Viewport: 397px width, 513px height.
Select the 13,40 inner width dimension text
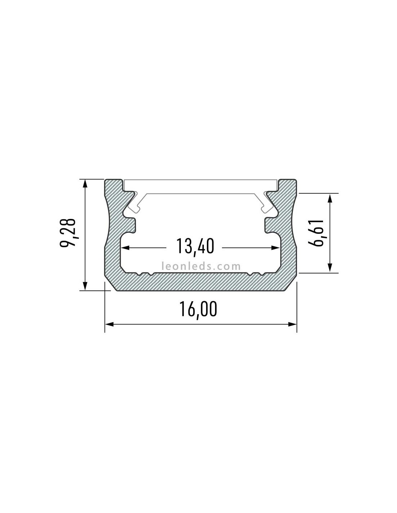point(195,246)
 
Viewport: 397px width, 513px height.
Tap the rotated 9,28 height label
point(68,233)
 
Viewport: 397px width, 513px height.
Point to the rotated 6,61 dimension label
point(316,233)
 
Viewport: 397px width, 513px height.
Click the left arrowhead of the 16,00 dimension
point(109,324)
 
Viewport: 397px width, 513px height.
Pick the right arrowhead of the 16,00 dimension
point(292,324)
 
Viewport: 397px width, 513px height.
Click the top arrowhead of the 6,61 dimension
point(330,198)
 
